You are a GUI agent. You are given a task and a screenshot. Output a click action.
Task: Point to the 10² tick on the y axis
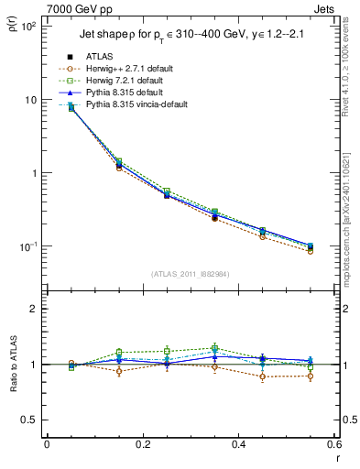28,26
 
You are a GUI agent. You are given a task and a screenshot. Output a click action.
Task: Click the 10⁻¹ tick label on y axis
28,247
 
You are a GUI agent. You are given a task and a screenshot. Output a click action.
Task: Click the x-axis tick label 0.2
142,445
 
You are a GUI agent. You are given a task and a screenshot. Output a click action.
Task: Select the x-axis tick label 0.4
238,445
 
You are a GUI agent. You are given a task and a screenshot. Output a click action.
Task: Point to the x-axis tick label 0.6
332,445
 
